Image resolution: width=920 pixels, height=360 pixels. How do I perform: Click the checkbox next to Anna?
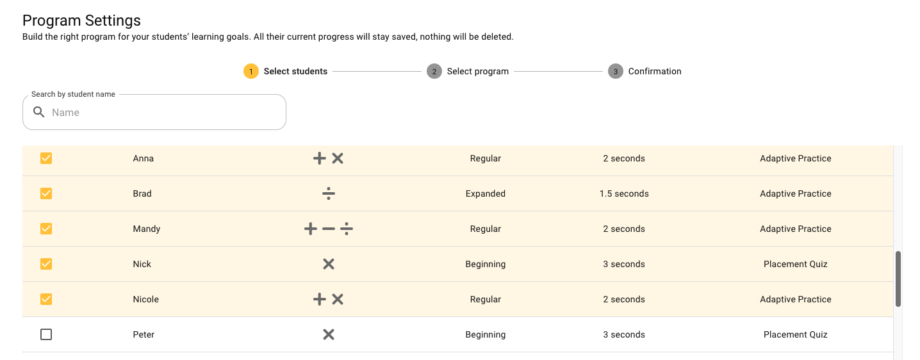[x=46, y=158]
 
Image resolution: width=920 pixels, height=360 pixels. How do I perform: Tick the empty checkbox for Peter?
[x=46, y=334]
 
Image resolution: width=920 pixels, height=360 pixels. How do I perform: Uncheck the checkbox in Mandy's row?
[x=46, y=229]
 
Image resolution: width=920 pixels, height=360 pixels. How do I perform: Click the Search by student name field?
[x=167, y=113]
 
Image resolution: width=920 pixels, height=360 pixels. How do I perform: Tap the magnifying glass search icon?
[x=39, y=113]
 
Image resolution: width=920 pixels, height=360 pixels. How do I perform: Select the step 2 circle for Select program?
[x=434, y=71]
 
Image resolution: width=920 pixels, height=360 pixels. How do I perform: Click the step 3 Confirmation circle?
[x=615, y=71]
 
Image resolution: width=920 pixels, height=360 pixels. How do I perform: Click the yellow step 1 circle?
[x=251, y=71]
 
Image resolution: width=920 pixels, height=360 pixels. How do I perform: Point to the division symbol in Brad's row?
[x=329, y=193]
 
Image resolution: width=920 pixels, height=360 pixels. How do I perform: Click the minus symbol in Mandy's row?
[x=329, y=229]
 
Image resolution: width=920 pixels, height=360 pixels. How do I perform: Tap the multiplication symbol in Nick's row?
[x=329, y=264]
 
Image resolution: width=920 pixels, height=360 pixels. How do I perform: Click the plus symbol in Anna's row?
[x=319, y=158]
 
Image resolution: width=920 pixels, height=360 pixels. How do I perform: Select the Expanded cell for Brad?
[x=485, y=193]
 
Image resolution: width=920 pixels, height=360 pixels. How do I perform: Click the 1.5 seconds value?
[x=624, y=193]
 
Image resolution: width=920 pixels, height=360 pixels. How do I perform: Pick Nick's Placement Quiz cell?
[x=795, y=264]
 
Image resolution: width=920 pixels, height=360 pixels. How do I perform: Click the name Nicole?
[x=145, y=299]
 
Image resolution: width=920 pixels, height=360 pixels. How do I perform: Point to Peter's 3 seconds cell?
[x=624, y=334]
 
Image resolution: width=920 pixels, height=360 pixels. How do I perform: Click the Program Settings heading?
[x=81, y=21]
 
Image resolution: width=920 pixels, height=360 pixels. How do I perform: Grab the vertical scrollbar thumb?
[x=898, y=279]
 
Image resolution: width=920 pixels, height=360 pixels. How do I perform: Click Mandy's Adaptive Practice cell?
[x=795, y=229]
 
